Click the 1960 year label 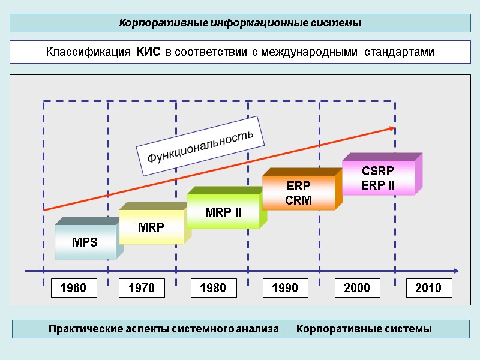pyautogui.click(x=73, y=288)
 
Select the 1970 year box pyautogui.click(x=141, y=288)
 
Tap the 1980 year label pyautogui.click(x=213, y=288)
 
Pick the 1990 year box pyautogui.click(x=285, y=288)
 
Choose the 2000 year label pyautogui.click(x=357, y=288)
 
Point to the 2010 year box pyautogui.click(x=429, y=288)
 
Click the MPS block pyautogui.click(x=85, y=242)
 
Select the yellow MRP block pyautogui.click(x=151, y=227)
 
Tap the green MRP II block pyautogui.click(x=223, y=212)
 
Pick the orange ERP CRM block pyautogui.click(x=298, y=193)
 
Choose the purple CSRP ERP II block pyautogui.click(x=378, y=178)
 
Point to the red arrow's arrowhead pyautogui.click(x=392, y=128)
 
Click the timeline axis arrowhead pyautogui.click(x=457, y=271)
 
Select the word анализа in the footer pyautogui.click(x=258, y=329)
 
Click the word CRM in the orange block pyautogui.click(x=298, y=200)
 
